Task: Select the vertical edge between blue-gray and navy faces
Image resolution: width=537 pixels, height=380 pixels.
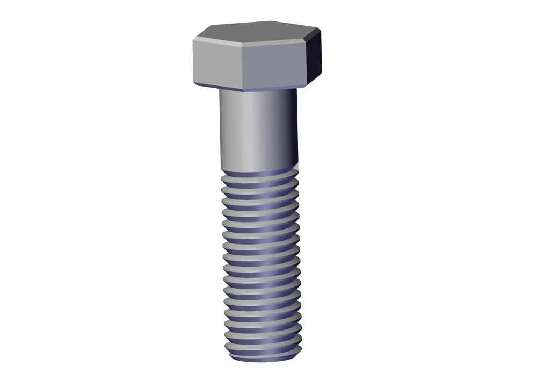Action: tap(308, 62)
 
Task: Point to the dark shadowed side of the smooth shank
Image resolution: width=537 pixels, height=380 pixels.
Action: tap(290, 129)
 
